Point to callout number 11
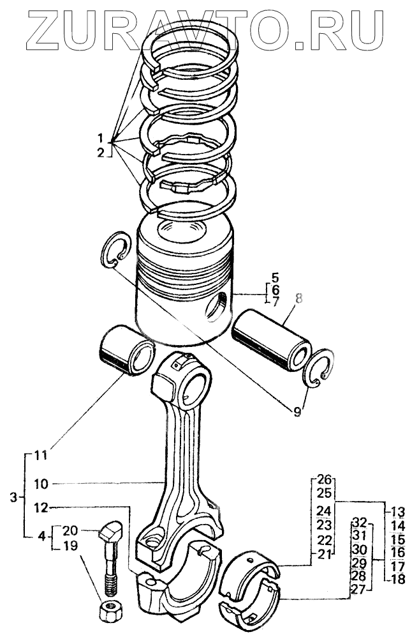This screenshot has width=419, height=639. [x=40, y=456]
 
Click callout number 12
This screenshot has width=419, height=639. [x=40, y=509]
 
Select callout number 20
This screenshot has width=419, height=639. [x=71, y=530]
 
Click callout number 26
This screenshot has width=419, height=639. [x=325, y=479]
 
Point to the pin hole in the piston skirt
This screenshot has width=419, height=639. [x=216, y=305]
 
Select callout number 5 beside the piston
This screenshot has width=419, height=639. [x=276, y=278]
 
